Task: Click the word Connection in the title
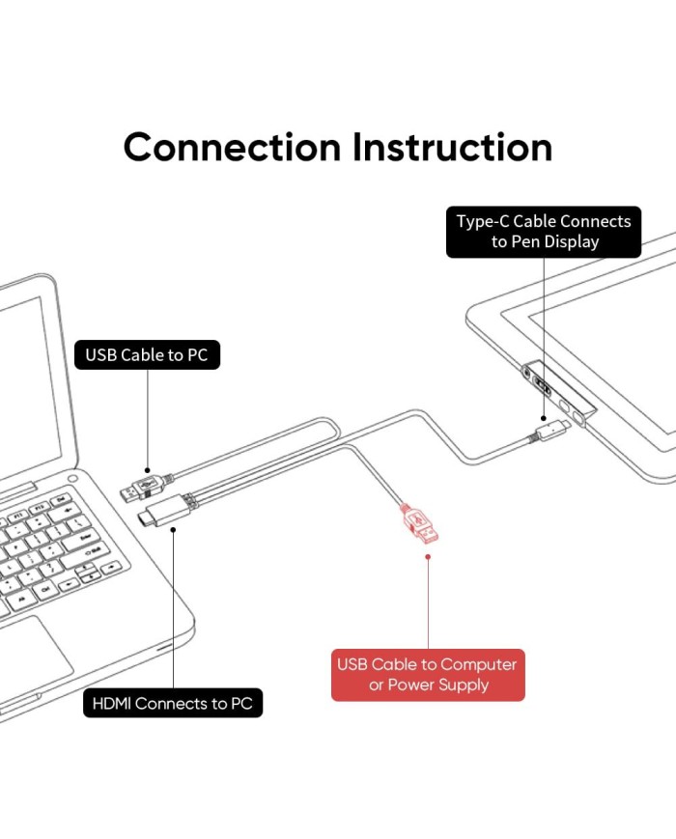click(x=233, y=147)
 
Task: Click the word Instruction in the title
click(x=452, y=147)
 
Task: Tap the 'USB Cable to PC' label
click(x=147, y=355)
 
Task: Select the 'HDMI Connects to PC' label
click(x=173, y=703)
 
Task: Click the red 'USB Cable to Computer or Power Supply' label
click(x=427, y=675)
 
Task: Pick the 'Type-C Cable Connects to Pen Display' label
click(x=544, y=232)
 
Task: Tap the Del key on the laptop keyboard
click(x=61, y=500)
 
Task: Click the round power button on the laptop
click(x=73, y=479)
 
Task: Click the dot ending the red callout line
click(x=428, y=557)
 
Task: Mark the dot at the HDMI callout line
click(x=173, y=530)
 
